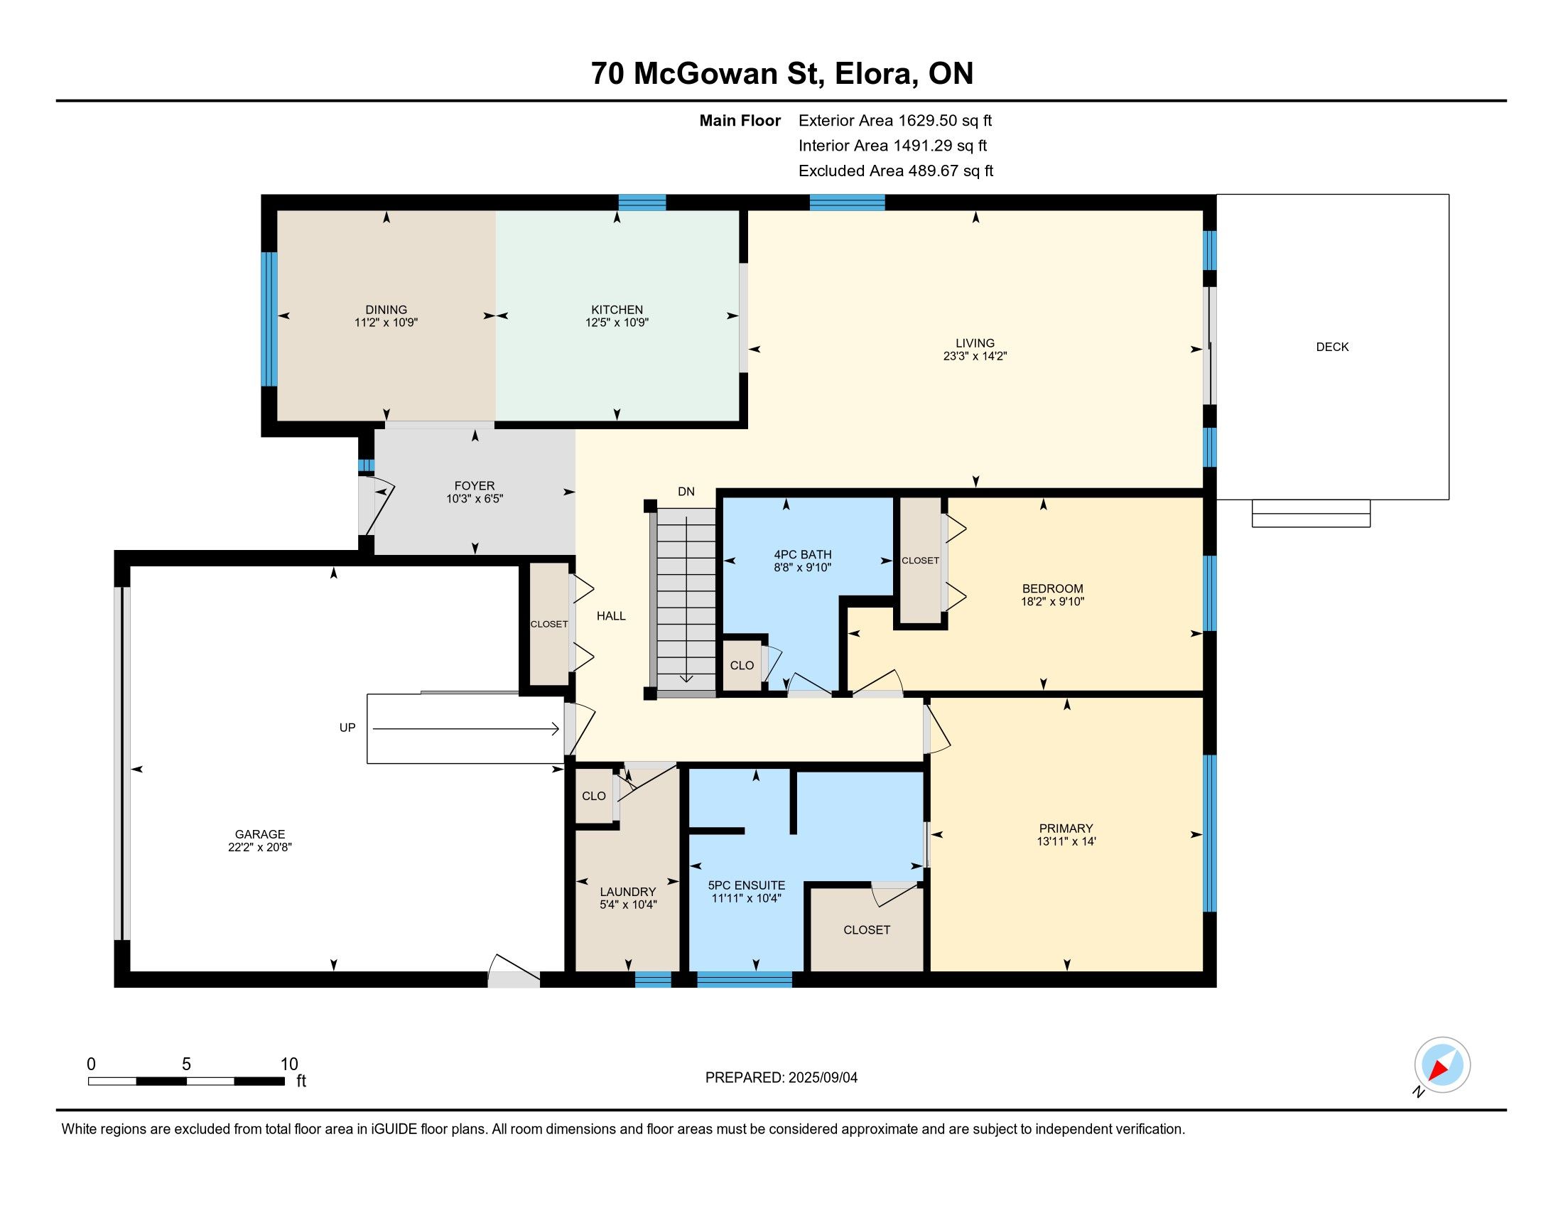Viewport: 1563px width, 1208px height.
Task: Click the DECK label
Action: click(1332, 347)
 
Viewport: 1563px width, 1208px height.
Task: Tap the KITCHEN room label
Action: click(617, 310)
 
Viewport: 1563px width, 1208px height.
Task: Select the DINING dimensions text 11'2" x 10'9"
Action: click(386, 323)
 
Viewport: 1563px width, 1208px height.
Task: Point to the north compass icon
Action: click(1442, 1065)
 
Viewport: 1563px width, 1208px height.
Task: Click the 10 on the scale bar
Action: click(289, 1064)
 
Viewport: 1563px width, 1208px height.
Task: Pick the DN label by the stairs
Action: click(686, 492)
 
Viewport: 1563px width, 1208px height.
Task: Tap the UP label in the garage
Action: click(347, 728)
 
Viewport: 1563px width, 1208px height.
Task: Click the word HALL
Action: click(611, 616)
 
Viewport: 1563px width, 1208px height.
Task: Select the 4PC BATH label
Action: click(803, 555)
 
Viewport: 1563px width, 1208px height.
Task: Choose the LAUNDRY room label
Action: click(627, 892)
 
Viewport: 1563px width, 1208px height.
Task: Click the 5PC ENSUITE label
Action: click(747, 885)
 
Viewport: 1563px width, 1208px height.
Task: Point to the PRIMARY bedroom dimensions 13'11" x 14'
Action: click(1067, 841)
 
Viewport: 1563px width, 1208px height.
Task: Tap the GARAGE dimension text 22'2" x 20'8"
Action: click(260, 847)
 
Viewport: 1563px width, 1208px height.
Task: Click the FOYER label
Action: click(475, 486)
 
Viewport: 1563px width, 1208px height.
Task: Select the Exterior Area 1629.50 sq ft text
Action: click(895, 121)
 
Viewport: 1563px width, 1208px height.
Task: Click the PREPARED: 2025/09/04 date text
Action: click(781, 1078)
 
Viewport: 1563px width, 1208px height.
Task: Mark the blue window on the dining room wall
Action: click(269, 319)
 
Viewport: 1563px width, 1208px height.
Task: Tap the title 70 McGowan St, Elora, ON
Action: click(782, 73)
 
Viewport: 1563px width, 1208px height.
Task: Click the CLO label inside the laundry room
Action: click(594, 797)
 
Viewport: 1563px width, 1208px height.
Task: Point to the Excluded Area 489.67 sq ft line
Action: click(896, 171)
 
